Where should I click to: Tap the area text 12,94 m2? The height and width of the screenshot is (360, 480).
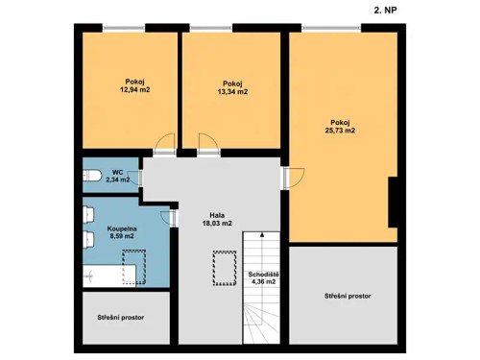[134, 89]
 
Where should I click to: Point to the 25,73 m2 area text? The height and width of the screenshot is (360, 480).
[341, 131]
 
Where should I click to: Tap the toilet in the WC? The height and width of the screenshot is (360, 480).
[93, 174]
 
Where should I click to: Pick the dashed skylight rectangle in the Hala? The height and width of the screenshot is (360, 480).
[224, 266]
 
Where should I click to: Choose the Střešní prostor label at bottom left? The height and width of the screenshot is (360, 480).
[121, 317]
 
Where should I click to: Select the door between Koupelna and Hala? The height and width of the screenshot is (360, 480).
[174, 218]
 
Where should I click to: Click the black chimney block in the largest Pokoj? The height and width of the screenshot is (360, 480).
[393, 200]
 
